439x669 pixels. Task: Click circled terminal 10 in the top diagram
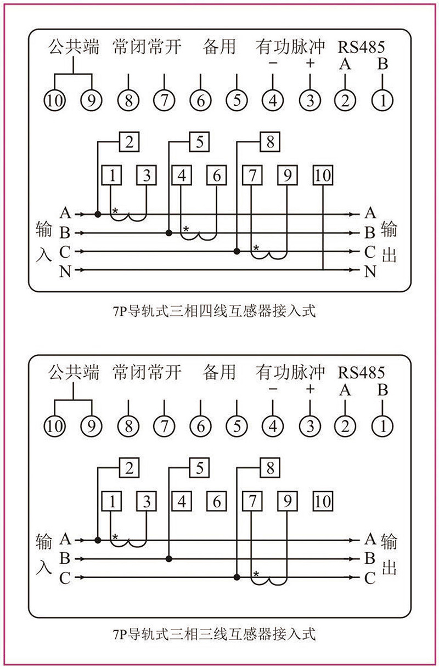point(56,100)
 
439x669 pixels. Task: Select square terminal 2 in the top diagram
point(129,143)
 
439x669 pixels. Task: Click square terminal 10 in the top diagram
point(324,176)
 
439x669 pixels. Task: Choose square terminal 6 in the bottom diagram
point(217,502)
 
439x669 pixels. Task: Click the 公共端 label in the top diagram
point(74,47)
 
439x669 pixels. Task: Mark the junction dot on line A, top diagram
point(98,214)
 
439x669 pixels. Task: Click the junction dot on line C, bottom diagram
point(237,577)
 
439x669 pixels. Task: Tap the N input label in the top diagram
point(65,271)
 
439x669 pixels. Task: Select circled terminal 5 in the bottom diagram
point(236,426)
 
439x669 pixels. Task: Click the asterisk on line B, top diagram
point(186,228)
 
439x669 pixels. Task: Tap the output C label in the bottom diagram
point(370,577)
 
